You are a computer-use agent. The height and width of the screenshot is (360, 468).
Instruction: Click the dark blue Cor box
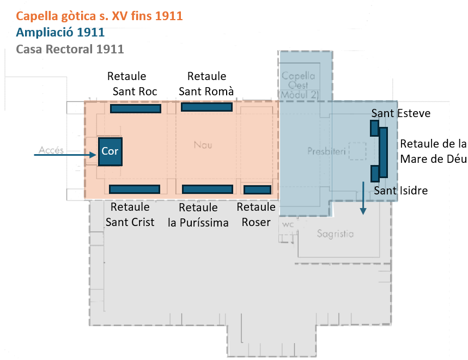tap(110, 151)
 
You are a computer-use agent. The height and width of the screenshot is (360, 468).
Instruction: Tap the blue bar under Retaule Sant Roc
tap(136, 108)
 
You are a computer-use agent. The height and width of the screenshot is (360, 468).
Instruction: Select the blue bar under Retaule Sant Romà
tap(206, 107)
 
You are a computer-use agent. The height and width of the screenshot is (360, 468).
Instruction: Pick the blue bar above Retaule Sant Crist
tap(135, 189)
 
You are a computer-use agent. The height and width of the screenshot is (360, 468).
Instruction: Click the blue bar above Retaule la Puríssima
tap(208, 189)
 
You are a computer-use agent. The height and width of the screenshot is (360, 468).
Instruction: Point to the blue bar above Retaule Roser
tap(257, 190)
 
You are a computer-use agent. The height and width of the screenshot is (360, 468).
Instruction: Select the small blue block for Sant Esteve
tap(374, 128)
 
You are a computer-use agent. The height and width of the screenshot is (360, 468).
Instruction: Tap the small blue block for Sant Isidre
tap(374, 174)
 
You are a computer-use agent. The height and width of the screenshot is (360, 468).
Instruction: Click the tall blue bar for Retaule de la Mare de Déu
tap(384, 152)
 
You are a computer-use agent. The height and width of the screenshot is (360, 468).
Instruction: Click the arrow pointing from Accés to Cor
tap(65, 155)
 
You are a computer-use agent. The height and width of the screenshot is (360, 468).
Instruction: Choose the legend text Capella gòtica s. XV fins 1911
tap(100, 16)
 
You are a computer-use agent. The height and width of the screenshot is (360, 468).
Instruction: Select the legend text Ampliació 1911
tap(60, 33)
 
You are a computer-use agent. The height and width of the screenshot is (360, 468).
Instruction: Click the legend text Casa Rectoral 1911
tap(70, 49)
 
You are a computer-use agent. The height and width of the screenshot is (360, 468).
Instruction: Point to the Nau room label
tap(203, 145)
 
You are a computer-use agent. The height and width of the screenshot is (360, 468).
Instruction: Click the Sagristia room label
tap(335, 234)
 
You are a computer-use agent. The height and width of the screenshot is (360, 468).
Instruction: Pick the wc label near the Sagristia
tap(287, 224)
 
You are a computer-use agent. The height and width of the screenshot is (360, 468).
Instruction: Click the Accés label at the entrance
tap(52, 150)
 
